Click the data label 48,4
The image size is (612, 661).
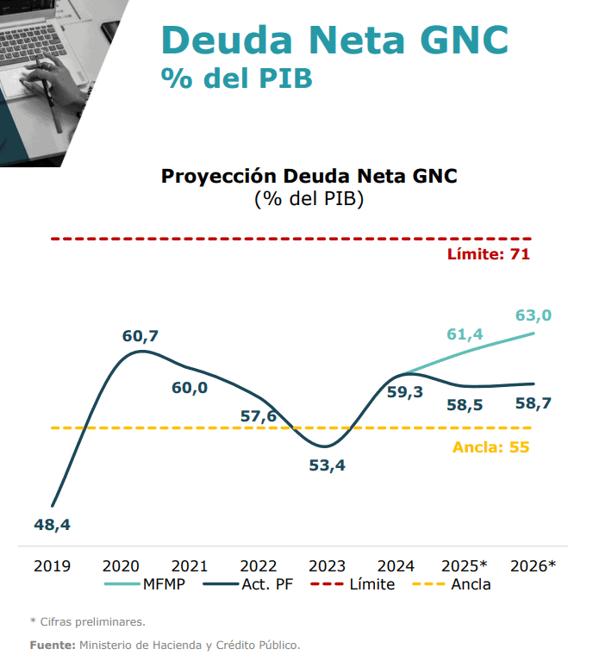pyautogui.click(x=52, y=524)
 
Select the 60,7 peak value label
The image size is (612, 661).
pyautogui.click(x=141, y=335)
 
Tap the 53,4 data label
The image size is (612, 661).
pyautogui.click(x=327, y=466)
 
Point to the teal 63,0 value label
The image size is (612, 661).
pyautogui.click(x=533, y=315)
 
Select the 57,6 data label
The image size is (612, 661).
pyautogui.click(x=258, y=417)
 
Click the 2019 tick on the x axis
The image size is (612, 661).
pyautogui.click(x=52, y=566)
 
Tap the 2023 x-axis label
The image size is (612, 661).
pyautogui.click(x=327, y=566)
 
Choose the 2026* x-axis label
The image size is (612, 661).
pyautogui.click(x=533, y=566)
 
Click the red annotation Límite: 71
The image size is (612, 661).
pyautogui.click(x=488, y=254)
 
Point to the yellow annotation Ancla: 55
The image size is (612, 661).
pyautogui.click(x=490, y=447)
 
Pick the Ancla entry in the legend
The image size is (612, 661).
pyautogui.click(x=471, y=584)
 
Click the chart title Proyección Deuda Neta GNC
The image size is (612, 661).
pyautogui.click(x=309, y=177)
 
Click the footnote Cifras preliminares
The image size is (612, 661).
pyautogui.click(x=91, y=621)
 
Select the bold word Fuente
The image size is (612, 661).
pyautogui.click(x=52, y=645)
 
